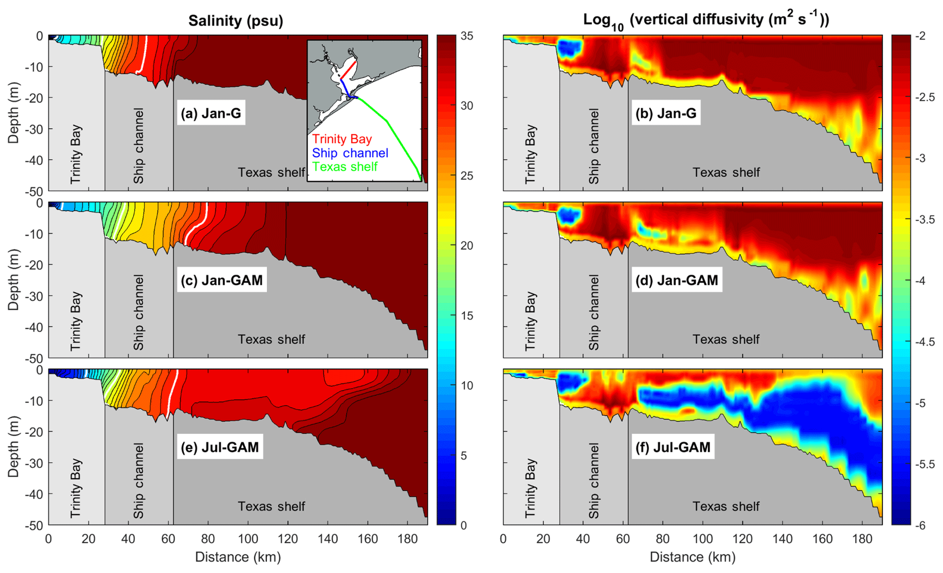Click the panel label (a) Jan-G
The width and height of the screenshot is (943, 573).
[x=211, y=113]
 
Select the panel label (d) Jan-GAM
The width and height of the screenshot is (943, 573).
[x=677, y=280]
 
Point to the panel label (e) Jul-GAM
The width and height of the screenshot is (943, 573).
[x=219, y=447]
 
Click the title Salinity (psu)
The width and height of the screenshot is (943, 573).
[x=235, y=21]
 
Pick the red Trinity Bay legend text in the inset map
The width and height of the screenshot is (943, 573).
[x=342, y=139]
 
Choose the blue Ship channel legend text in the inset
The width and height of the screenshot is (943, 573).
[x=350, y=153]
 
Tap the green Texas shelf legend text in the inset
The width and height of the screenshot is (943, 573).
[x=344, y=167]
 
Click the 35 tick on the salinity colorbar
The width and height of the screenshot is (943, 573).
[x=466, y=36]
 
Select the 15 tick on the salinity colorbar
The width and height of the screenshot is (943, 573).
[x=466, y=315]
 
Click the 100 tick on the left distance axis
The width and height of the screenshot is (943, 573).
[x=248, y=539]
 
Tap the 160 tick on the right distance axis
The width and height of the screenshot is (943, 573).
[x=822, y=539]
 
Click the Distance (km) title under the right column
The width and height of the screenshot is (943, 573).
[x=692, y=557]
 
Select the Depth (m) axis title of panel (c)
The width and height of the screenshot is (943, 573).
[x=13, y=280]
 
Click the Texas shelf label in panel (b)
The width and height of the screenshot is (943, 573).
[x=726, y=173]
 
